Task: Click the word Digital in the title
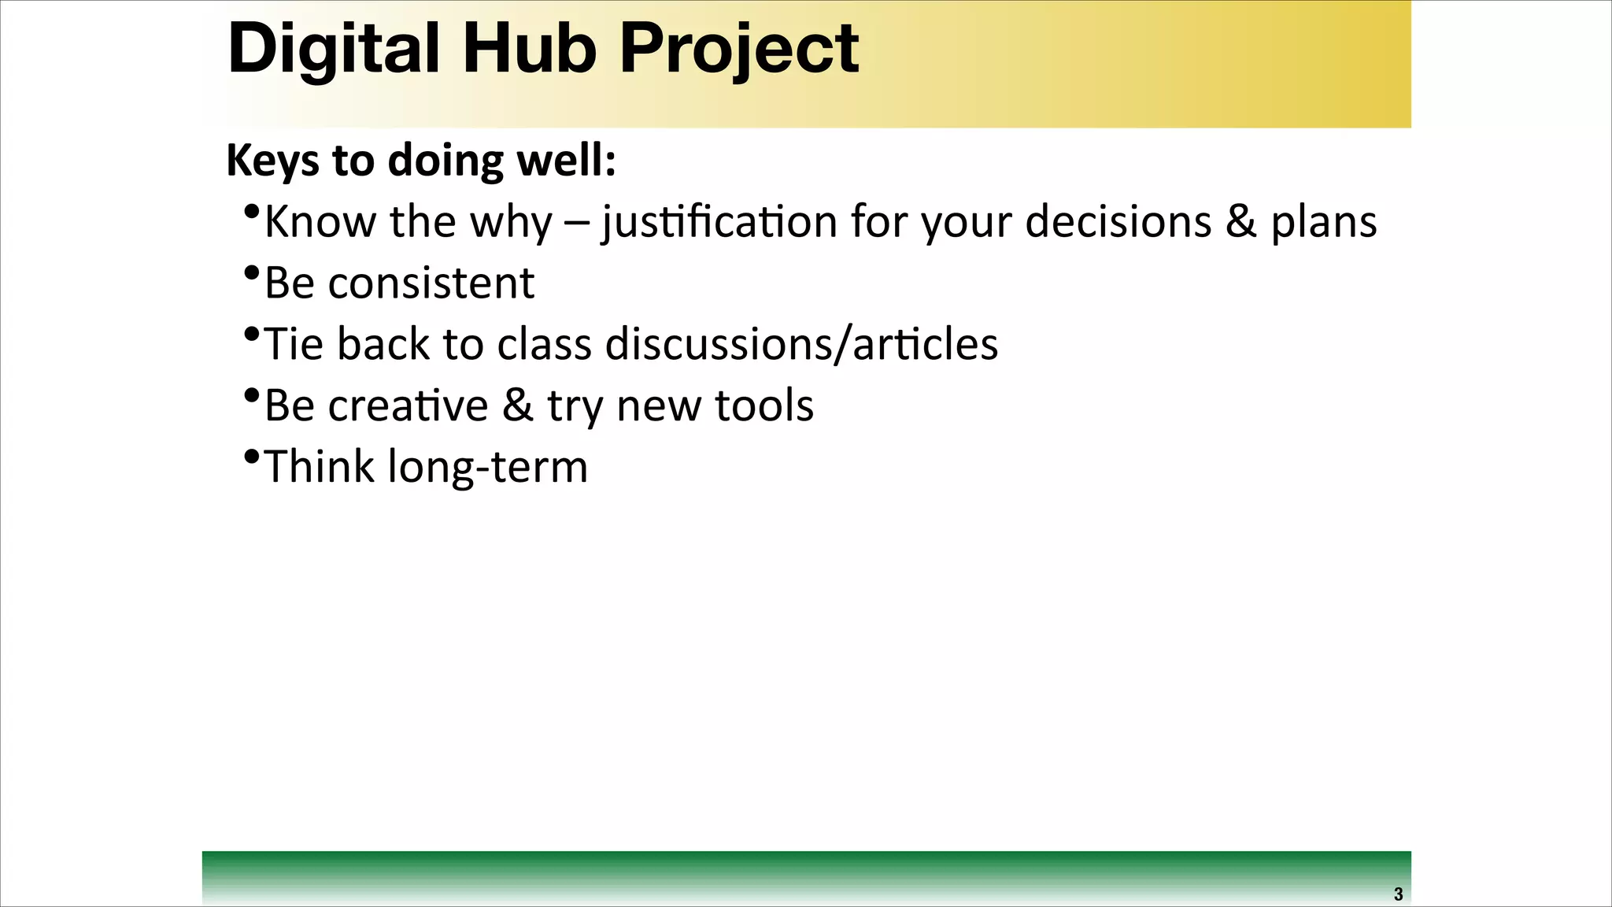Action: [x=333, y=49]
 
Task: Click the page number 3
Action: [x=1398, y=894]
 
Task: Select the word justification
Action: [x=719, y=222]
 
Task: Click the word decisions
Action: [x=1118, y=221]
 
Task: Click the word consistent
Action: [x=431, y=283]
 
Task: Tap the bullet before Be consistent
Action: [x=252, y=272]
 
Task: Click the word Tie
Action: [x=294, y=344]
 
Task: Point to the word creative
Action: [x=408, y=405]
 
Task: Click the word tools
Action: [x=763, y=405]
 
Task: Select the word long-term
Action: [x=487, y=467]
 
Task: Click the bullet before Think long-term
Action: [x=252, y=457]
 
